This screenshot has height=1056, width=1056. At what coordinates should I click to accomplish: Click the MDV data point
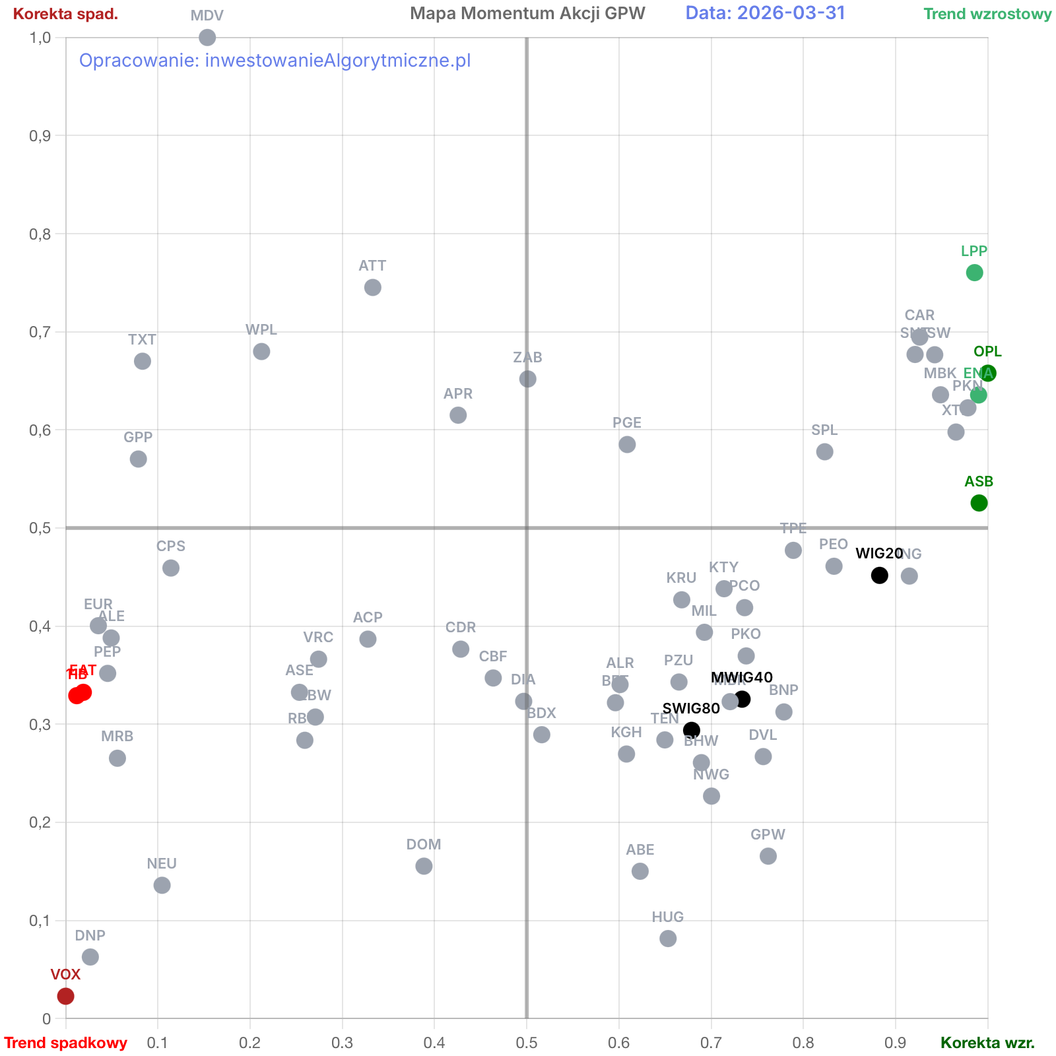point(207,38)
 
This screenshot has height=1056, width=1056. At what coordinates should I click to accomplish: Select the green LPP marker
point(974,273)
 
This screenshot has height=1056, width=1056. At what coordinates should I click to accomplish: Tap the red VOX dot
point(65,996)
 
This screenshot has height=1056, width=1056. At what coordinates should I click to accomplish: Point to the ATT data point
point(372,288)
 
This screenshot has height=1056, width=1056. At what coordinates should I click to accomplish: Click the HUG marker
point(668,939)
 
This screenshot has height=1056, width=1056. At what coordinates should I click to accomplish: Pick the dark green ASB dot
point(979,503)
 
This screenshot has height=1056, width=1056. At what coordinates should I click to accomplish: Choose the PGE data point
point(627,445)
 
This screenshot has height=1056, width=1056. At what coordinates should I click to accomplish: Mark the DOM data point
point(424,866)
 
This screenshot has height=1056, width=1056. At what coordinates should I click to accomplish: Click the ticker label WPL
point(261,329)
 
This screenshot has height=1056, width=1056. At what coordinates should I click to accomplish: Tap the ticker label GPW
point(768,834)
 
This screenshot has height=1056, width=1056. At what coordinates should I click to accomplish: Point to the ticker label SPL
point(824,430)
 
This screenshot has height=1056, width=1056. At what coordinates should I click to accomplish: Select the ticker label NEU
point(162,863)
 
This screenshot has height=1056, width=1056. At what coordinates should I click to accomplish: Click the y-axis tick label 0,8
point(40,234)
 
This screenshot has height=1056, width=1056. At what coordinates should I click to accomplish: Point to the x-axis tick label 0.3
point(342,1043)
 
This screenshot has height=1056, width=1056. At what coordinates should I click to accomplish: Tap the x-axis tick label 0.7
point(711,1043)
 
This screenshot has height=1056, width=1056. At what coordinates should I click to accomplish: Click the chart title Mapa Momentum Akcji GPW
point(527,13)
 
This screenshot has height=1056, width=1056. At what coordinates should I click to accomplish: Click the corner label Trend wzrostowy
point(987,14)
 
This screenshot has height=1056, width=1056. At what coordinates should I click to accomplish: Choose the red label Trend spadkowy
point(66,1043)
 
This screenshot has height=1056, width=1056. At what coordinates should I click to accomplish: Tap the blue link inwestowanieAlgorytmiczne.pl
point(338,61)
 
